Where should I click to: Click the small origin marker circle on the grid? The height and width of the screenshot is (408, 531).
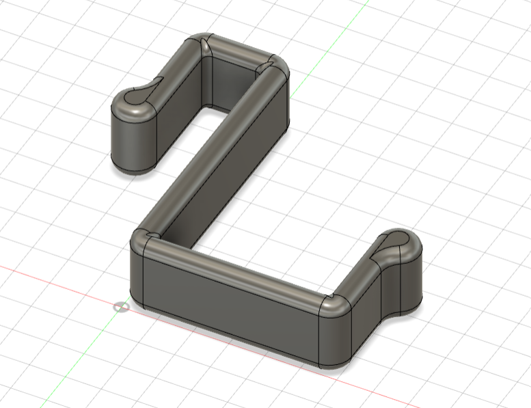point(122,306)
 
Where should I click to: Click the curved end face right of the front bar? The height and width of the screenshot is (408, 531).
point(338,335)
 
